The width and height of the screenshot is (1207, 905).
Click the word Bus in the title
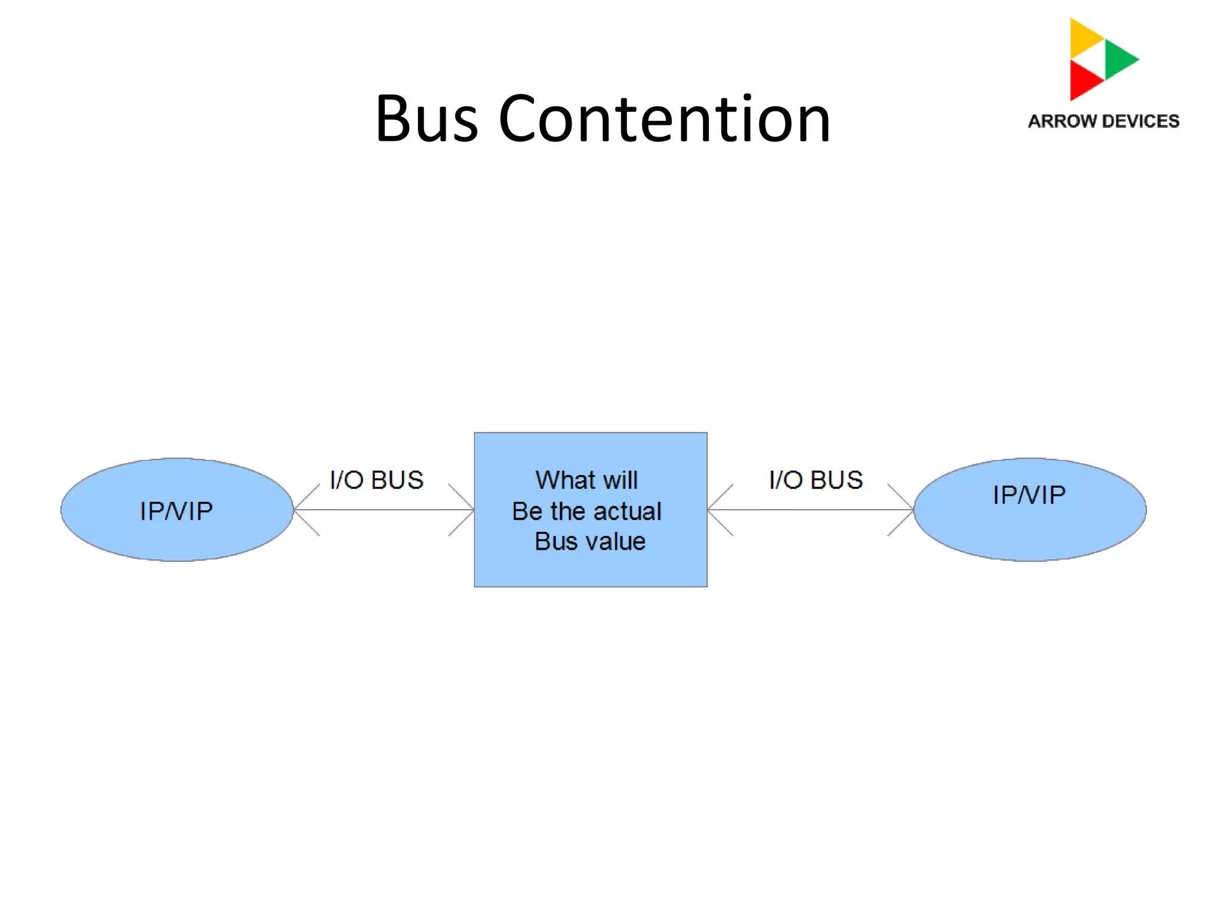427,120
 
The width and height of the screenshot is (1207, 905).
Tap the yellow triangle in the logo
1084,38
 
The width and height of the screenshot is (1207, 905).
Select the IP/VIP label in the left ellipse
176,511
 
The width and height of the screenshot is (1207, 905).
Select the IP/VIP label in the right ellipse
1029,495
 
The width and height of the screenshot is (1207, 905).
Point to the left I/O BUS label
377,480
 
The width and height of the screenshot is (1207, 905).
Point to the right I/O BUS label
816,480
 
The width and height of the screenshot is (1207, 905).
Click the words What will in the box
586,480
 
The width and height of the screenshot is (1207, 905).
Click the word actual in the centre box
631,511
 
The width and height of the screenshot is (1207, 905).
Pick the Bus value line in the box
590,541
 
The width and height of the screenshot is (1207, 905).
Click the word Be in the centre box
527,511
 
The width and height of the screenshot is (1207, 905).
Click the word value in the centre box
615,541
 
